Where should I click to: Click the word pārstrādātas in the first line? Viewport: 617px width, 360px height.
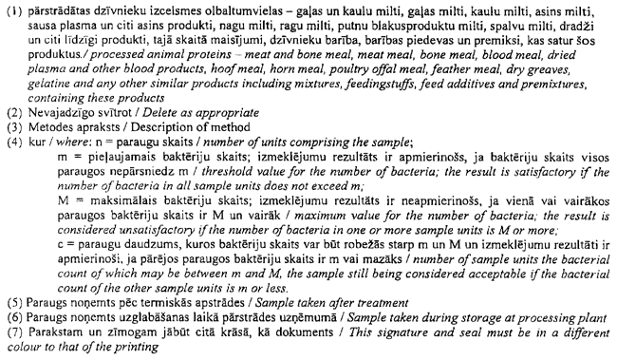click(58, 9)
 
